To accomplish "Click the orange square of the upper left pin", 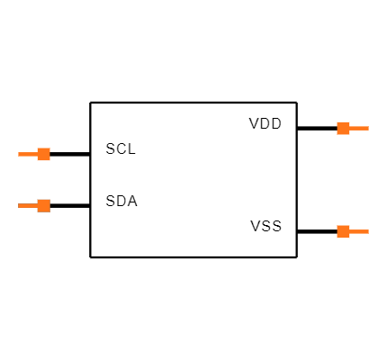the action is click(x=43, y=154).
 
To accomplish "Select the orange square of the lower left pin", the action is click(x=43, y=205).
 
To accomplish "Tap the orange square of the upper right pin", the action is click(x=343, y=128).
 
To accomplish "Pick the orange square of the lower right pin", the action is click(x=343, y=231).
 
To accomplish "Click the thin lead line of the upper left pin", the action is click(x=28, y=154).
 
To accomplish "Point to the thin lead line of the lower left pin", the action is click(x=28, y=205).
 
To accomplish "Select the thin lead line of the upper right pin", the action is click(x=359, y=128).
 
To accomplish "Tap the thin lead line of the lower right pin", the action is click(x=359, y=231).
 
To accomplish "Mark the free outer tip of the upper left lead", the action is click(x=19, y=154).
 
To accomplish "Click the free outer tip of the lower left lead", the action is click(x=19, y=205).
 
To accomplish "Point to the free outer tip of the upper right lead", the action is click(x=368, y=128).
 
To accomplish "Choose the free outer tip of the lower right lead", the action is click(x=368, y=231).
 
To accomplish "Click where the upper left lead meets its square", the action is click(x=37, y=154).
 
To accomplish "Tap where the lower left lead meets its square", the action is click(x=37, y=205).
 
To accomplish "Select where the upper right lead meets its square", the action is click(x=349, y=128).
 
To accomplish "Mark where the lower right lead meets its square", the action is click(x=349, y=231).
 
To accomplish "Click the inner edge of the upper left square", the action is click(x=49, y=154).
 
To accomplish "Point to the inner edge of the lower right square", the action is click(x=337, y=231).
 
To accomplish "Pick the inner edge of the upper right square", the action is click(x=337, y=128).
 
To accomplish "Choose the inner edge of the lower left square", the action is click(x=49, y=205).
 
